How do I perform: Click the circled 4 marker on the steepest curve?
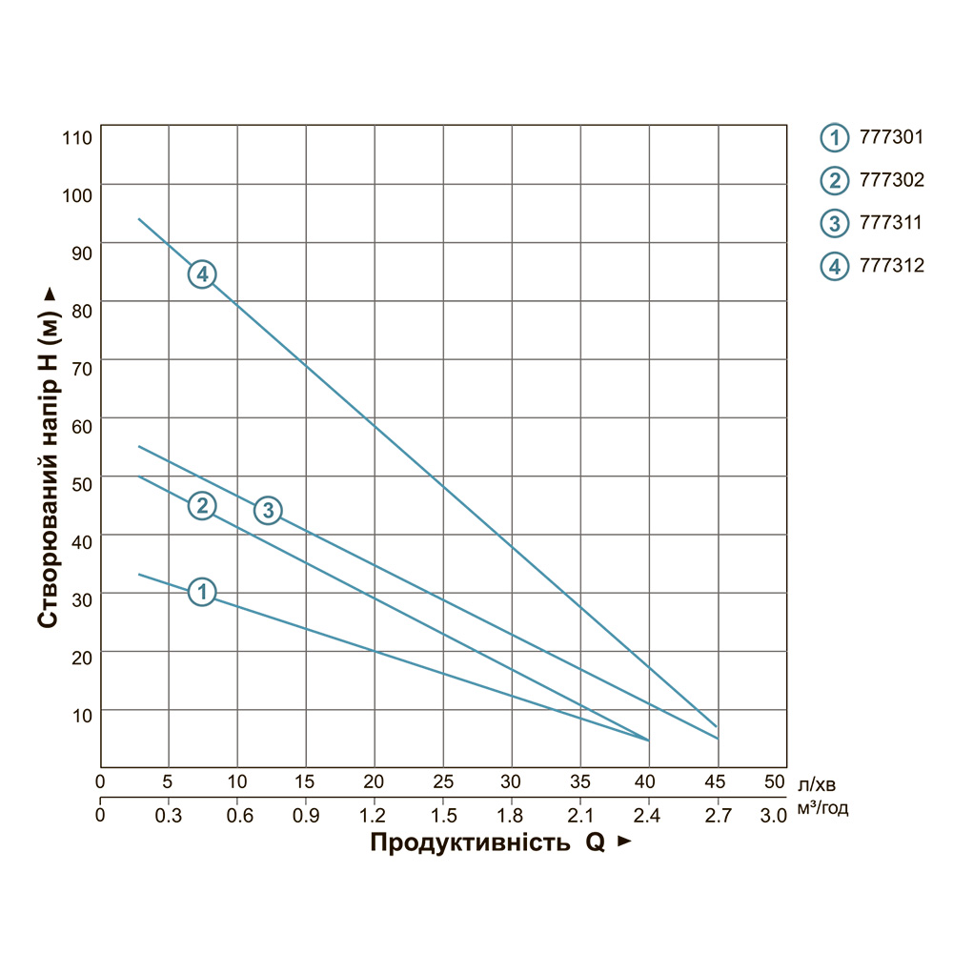[202, 274]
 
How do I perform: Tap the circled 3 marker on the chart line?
[269, 510]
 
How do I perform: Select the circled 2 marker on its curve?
[202, 505]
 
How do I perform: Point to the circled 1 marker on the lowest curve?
[202, 592]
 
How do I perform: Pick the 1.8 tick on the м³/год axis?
[512, 816]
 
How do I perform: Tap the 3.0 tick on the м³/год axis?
[774, 816]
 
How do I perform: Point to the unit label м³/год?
[822, 810]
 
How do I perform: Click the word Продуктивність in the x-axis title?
[468, 843]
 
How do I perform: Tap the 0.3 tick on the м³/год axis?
[169, 816]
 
